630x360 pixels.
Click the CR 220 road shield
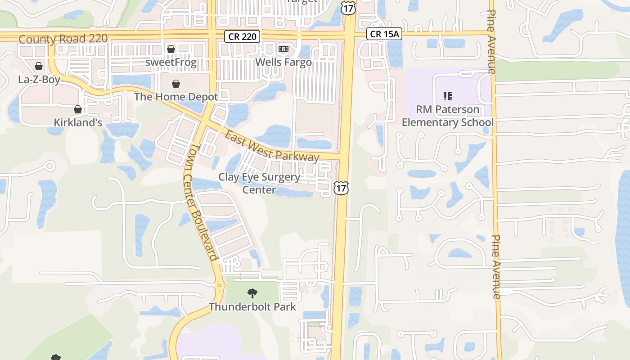point(242,36)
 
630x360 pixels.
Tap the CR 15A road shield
point(383,34)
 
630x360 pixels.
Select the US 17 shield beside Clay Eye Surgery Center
point(341,188)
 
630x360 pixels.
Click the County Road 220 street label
point(63,39)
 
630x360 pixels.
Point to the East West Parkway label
point(272,147)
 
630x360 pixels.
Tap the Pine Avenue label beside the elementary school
point(491,42)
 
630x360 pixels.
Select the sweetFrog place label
point(171,63)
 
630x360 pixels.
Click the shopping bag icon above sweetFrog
point(171,49)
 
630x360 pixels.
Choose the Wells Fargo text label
point(283,62)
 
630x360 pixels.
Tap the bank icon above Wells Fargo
point(283,49)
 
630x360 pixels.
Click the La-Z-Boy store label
point(39,80)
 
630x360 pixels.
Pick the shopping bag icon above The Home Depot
point(176,84)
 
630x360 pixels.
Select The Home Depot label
point(176,97)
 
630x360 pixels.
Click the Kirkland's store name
point(78,122)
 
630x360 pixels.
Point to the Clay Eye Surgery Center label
point(259,183)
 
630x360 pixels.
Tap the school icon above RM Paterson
point(447,96)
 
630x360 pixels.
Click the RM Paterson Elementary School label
point(447,116)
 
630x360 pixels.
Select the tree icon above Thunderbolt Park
point(252,293)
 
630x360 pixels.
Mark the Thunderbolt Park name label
point(252,307)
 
